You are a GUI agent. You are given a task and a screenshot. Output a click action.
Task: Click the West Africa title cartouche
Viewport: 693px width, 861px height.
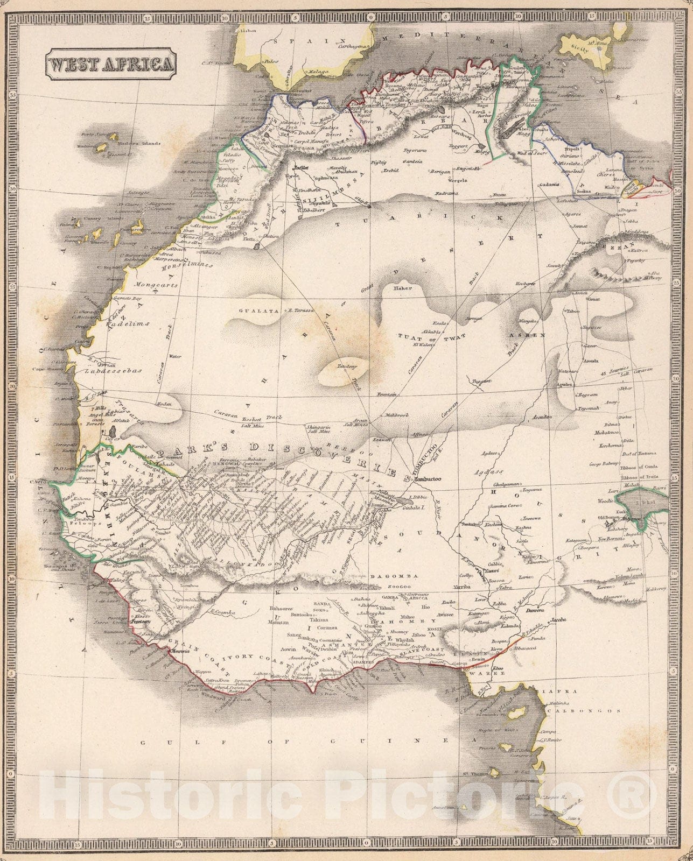[110, 64]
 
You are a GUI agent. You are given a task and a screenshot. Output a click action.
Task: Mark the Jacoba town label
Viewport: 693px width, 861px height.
[559, 620]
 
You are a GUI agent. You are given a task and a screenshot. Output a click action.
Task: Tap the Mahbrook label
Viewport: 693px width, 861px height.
[398, 415]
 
